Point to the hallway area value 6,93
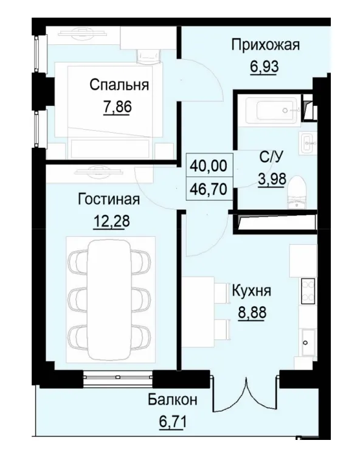pyautogui.click(x=264, y=65)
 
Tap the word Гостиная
pyautogui.click(x=109, y=200)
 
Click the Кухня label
pyautogui.click(x=252, y=291)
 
